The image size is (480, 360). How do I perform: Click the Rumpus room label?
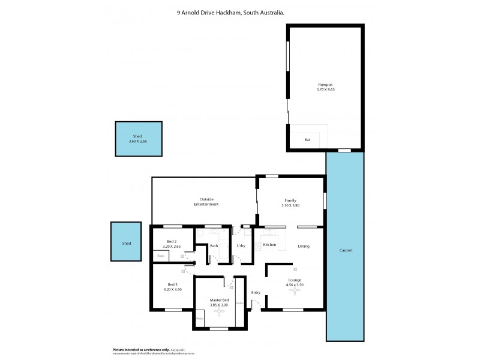(x=325, y=85)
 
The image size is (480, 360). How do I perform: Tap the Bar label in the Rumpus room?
(x=307, y=140)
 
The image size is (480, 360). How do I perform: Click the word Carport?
(x=346, y=250)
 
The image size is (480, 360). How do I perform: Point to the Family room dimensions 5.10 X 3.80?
(x=290, y=205)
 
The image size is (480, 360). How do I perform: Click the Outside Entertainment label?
(x=206, y=202)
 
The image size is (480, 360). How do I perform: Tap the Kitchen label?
(x=269, y=245)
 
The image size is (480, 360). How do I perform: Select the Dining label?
(x=304, y=245)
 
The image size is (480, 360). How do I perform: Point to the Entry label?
(x=256, y=293)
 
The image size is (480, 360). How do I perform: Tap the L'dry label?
(x=241, y=245)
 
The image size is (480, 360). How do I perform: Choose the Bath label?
(x=214, y=245)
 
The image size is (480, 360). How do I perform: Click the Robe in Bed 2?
(x=160, y=256)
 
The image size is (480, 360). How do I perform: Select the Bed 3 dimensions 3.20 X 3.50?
(x=172, y=289)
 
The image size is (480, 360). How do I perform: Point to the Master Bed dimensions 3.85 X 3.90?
(x=220, y=305)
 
